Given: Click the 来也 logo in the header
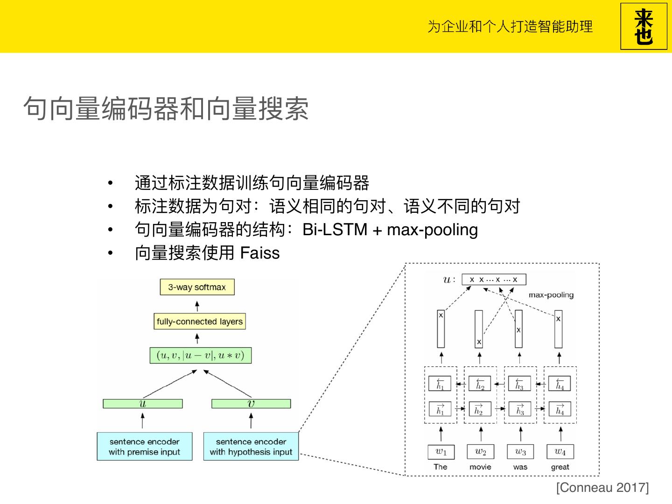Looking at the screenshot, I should coord(644,27).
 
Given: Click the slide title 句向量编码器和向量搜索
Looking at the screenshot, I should coord(166,109).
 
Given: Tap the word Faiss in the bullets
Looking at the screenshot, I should coord(259,253).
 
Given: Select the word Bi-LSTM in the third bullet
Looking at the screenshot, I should coord(335,230).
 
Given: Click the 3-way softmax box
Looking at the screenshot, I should coord(197,287).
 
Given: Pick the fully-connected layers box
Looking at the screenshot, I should coord(200,322).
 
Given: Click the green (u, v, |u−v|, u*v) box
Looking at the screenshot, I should coord(200,356).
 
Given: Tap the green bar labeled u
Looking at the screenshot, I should coord(143,404).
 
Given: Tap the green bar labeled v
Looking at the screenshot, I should coord(251,404).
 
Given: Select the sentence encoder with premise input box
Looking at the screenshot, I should coord(145,447).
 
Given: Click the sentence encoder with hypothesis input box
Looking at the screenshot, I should coord(251,447).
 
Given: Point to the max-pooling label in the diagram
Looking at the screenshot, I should coord(551,295).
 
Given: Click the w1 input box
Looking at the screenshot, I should coord(441,452).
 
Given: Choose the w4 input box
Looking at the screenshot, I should coord(560,452).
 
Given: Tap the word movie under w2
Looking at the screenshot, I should coord(480,467).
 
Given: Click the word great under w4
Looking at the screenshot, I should coord(560,467).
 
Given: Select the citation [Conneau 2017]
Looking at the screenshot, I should coord(602,488).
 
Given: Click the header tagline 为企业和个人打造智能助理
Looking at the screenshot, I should coord(510,27).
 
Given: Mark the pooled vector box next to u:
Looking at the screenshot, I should coord(494,280).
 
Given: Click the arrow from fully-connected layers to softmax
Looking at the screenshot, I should coord(197,306).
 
